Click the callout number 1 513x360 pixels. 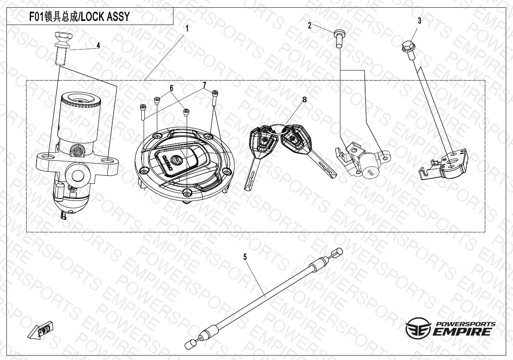coord(187,29)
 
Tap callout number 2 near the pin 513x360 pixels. coord(310,25)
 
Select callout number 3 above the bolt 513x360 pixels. coord(419,21)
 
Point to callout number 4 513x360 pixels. coord(98,45)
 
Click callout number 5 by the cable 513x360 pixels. coord(245,257)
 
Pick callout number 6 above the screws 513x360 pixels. coord(171,88)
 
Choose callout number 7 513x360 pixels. coord(204,85)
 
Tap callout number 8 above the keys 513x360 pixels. coord(304,99)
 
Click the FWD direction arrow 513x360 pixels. coord(40,331)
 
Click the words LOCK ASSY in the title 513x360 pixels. coord(105,17)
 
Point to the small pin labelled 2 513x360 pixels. coord(339,39)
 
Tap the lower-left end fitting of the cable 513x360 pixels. coord(191,344)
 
